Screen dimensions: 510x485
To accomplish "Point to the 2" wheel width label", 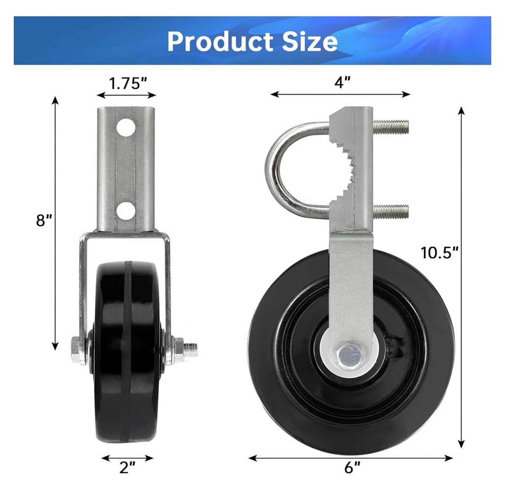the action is [x=127, y=468].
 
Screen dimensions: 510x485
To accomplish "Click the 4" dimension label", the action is [x=342, y=83].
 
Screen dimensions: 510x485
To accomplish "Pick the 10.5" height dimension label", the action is [x=439, y=253].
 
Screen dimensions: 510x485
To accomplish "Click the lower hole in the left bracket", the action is [x=126, y=211].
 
